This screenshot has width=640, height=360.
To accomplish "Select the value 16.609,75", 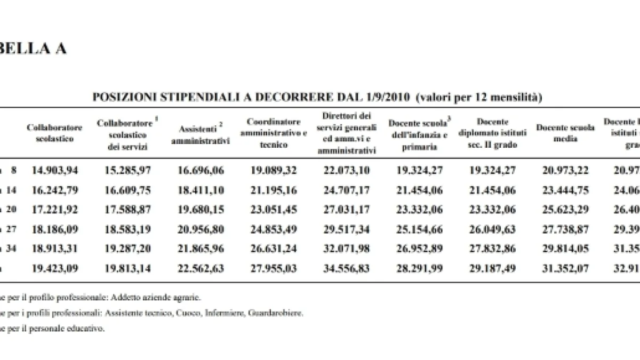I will [126, 190].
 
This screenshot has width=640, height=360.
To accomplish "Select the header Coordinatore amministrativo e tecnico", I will [274, 133].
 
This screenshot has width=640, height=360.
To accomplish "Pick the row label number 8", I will [14, 171].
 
